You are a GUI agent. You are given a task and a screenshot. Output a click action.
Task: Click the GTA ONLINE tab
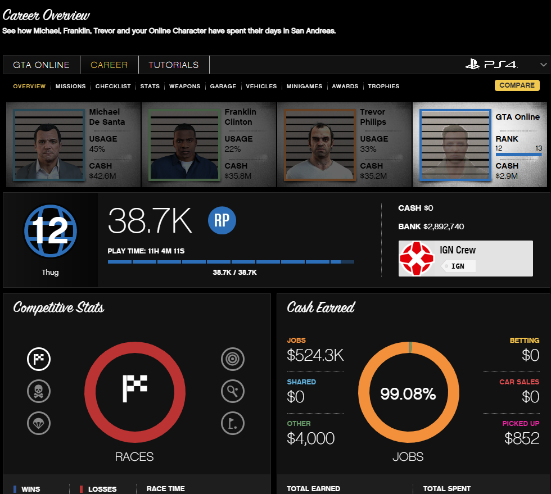click(41, 65)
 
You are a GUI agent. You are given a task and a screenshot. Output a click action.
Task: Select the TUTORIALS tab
click(174, 65)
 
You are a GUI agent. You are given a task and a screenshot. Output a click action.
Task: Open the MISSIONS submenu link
click(71, 86)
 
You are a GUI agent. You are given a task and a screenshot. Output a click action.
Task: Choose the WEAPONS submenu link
click(185, 86)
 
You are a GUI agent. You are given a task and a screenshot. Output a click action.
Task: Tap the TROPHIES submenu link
click(383, 86)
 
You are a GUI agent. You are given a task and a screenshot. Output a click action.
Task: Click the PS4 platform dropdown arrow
click(544, 65)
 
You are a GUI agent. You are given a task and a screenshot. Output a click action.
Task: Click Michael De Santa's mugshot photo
click(49, 145)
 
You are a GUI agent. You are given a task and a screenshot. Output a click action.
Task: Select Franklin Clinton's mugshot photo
click(184, 145)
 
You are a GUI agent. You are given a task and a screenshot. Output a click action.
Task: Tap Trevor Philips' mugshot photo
click(320, 145)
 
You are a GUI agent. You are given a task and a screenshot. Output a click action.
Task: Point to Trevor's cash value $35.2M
click(373, 176)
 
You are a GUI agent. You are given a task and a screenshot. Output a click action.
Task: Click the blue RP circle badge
click(222, 220)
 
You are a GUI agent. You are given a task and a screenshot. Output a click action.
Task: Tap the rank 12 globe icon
click(51, 231)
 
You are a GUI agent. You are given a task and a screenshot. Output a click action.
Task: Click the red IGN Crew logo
click(417, 259)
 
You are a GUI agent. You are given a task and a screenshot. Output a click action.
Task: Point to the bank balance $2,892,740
click(444, 226)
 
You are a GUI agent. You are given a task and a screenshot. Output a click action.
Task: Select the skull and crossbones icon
click(39, 391)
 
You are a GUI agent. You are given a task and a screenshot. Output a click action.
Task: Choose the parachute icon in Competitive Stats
click(39, 423)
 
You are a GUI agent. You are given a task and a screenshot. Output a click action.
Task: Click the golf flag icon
click(233, 423)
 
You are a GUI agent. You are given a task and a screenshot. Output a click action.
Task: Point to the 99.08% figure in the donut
click(408, 394)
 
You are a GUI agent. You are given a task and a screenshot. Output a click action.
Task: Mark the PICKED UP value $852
click(522, 438)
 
